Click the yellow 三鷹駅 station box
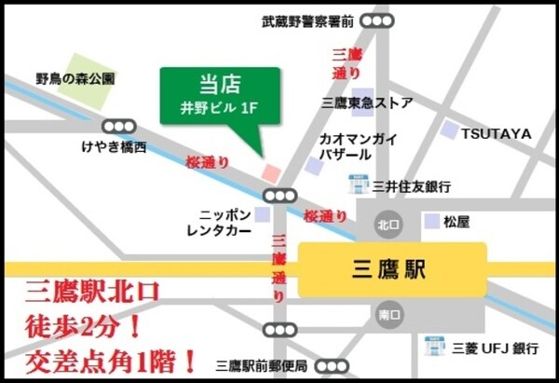click(x=392, y=270)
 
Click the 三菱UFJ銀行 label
click(x=494, y=349)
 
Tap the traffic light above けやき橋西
click(x=117, y=125)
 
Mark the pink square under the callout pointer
click(x=270, y=172)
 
